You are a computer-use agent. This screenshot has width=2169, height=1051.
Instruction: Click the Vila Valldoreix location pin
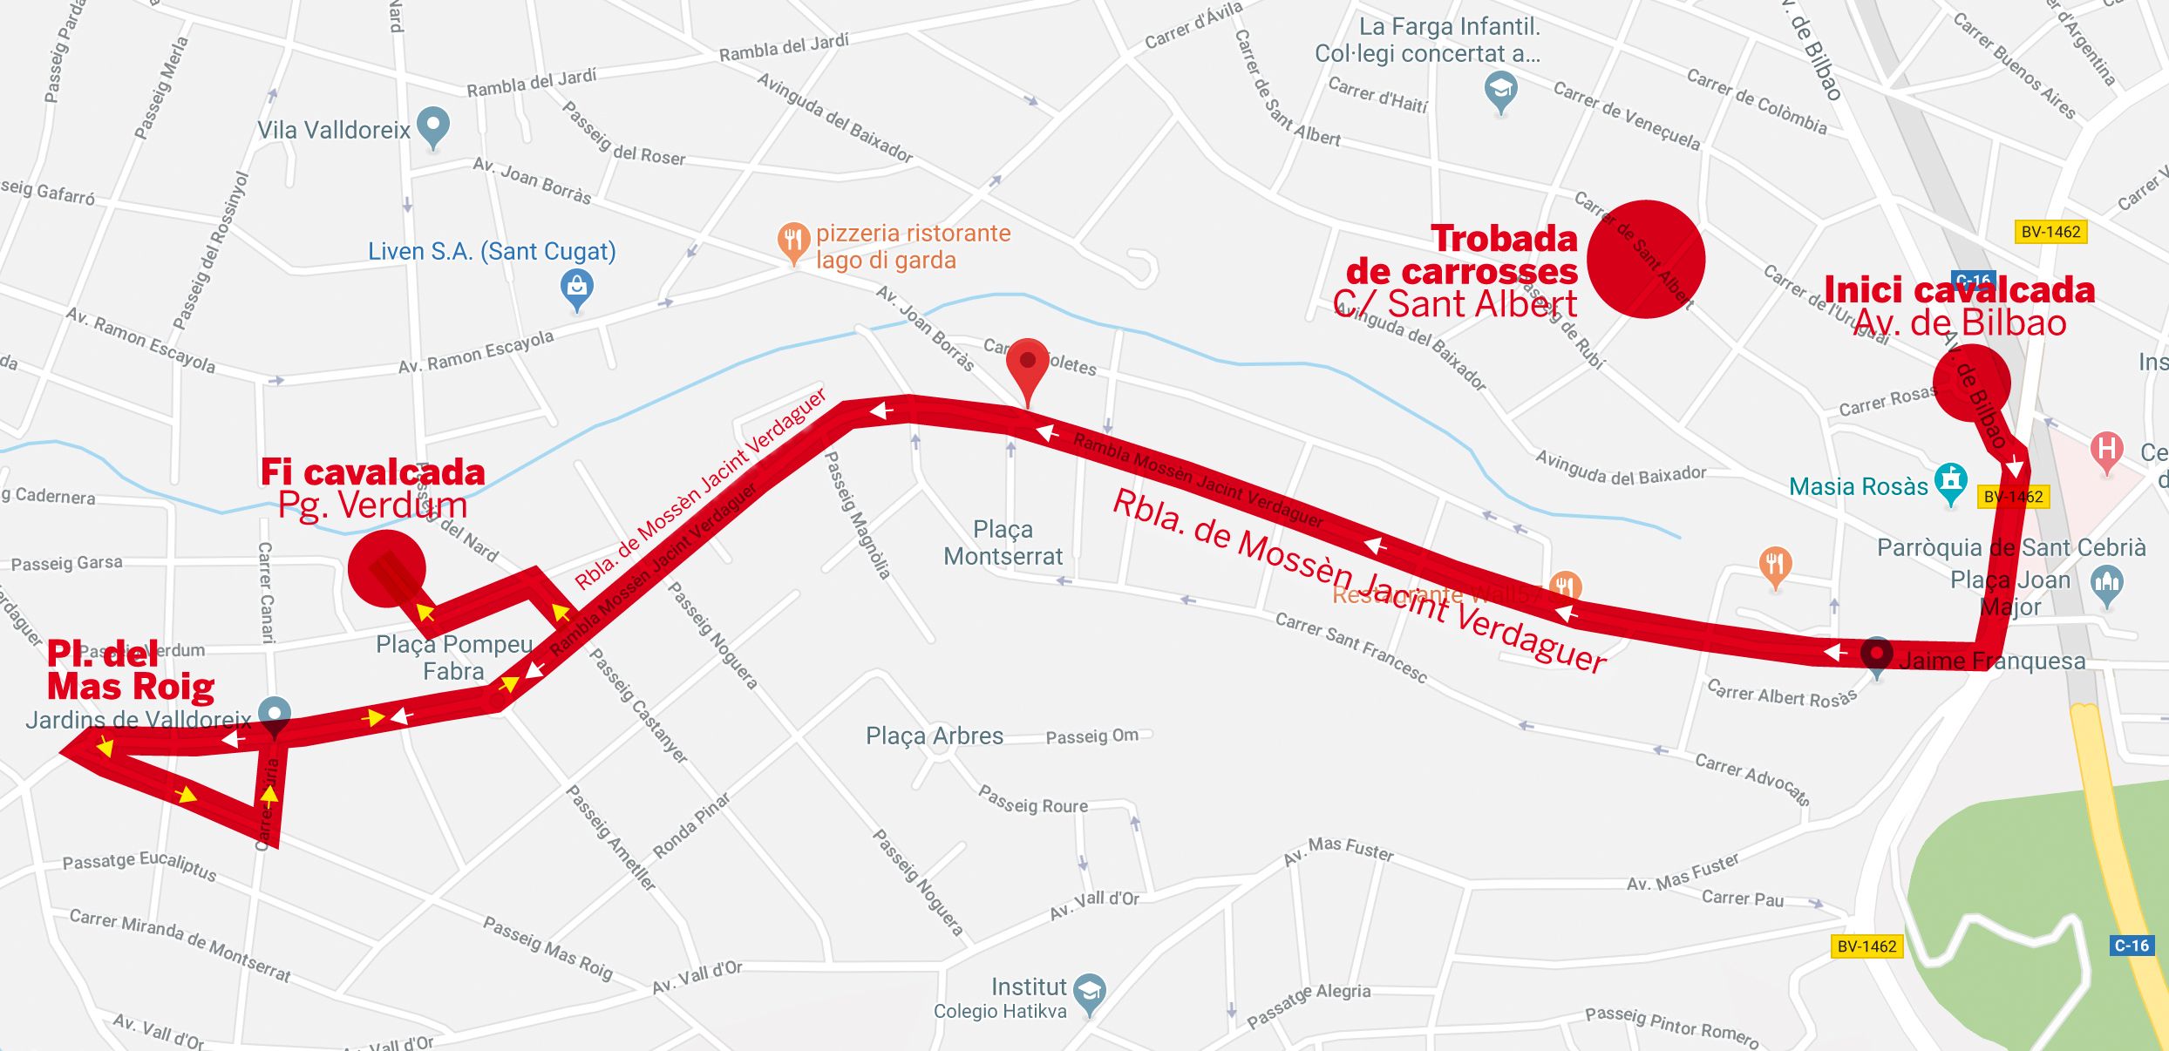click(433, 126)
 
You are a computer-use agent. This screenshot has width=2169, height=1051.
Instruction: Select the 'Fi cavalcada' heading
click(372, 472)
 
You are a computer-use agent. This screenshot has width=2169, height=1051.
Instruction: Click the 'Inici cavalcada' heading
click(1959, 290)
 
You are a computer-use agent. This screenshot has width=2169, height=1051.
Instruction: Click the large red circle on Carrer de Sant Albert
click(1645, 259)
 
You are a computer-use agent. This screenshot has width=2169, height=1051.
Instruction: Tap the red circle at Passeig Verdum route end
click(386, 568)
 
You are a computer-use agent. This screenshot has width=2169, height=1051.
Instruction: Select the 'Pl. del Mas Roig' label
click(130, 670)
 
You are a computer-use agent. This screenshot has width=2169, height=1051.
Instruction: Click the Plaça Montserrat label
click(1003, 542)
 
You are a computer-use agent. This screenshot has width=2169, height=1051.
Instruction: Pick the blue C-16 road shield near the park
click(2132, 946)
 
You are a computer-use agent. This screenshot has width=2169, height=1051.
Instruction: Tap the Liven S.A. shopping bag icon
click(576, 288)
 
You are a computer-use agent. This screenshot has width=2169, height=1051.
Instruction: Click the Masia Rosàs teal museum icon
click(1950, 480)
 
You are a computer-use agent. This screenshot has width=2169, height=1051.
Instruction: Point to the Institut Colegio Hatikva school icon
click(1090, 993)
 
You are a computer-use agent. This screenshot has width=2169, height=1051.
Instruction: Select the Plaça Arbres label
click(934, 736)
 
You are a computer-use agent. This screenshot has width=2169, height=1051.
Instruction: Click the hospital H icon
click(2106, 451)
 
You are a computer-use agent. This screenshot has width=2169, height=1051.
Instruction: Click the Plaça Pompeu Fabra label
click(453, 657)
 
